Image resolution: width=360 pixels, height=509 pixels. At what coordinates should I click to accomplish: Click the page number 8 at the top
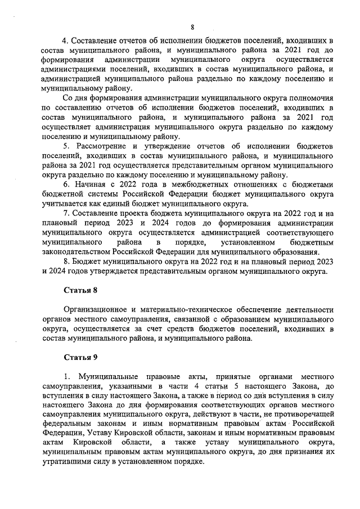point(192,26)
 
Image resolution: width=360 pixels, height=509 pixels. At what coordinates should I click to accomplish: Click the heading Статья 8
point(80,291)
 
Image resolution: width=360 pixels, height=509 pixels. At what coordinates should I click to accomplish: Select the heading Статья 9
point(80,357)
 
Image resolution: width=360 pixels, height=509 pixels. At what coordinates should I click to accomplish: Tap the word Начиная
point(91,184)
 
